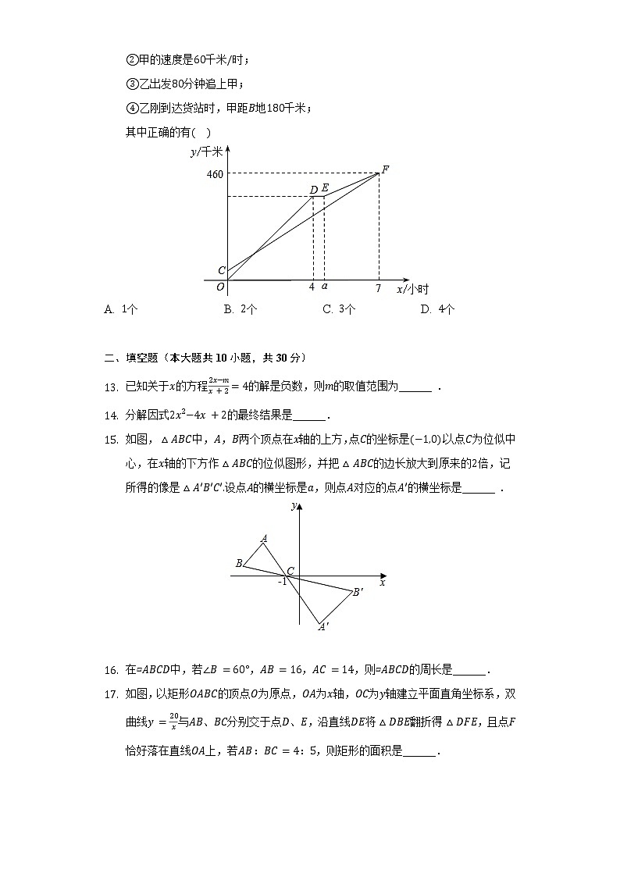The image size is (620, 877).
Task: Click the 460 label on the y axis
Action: point(215,173)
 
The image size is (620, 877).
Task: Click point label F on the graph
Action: point(385,169)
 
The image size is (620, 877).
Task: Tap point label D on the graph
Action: point(313,189)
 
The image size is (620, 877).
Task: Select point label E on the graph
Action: point(325,189)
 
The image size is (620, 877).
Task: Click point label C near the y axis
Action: point(221,271)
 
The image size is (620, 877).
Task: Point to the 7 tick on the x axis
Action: point(378,288)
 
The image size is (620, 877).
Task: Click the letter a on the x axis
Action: point(324,287)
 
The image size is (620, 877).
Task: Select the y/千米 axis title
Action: point(206,152)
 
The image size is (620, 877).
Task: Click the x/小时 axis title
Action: point(412,289)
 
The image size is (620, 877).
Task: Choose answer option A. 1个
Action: point(121,309)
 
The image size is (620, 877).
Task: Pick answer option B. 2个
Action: point(241,309)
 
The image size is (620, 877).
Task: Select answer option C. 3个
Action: point(339,309)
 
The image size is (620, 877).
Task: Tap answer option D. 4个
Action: point(437,309)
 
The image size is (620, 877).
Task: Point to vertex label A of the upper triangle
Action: point(264,538)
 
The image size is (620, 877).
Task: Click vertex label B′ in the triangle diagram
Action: point(358,593)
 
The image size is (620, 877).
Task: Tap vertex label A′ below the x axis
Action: point(323,626)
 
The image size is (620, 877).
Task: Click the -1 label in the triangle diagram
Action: point(283,582)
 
